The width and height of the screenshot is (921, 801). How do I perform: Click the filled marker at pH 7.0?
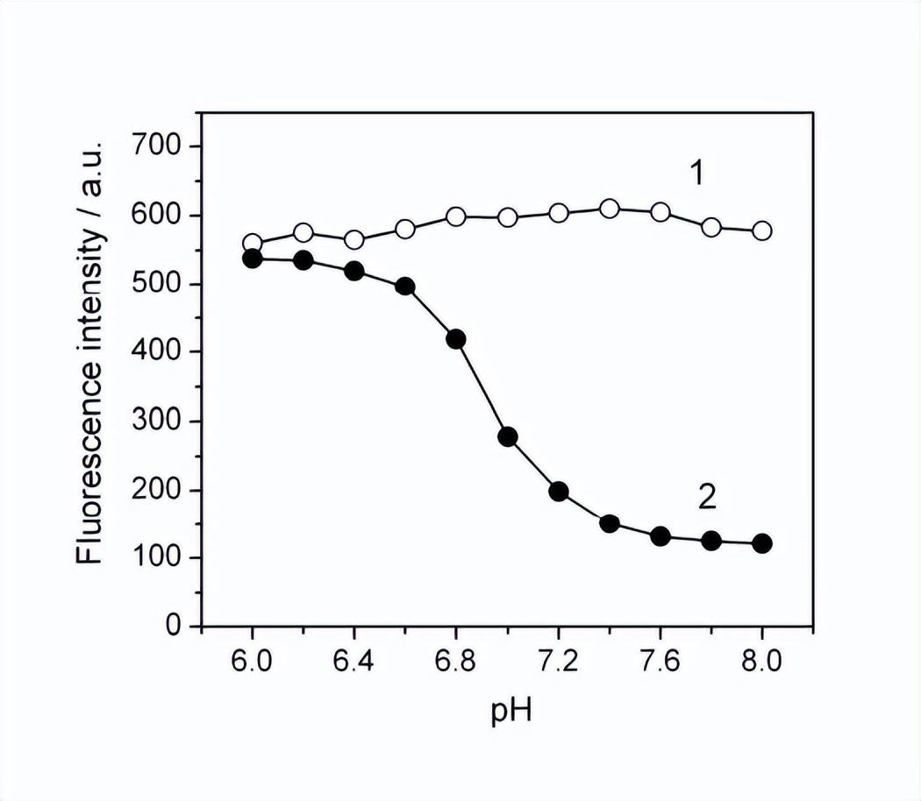coord(507,436)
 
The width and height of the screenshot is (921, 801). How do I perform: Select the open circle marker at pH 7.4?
coord(610,209)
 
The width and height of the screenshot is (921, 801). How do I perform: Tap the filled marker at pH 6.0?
coord(253,259)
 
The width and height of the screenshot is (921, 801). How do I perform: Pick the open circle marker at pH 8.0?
coord(762,230)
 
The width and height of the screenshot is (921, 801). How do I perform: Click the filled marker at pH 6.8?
coord(456,339)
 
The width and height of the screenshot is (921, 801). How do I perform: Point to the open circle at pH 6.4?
coord(354,240)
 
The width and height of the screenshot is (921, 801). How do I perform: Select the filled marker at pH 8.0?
coord(762,543)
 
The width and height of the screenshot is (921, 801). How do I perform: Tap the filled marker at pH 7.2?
coord(559,491)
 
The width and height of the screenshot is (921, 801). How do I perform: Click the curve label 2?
coord(707,498)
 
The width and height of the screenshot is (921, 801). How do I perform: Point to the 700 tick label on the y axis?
coord(160,145)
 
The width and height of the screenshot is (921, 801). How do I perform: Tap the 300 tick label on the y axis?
coord(160,421)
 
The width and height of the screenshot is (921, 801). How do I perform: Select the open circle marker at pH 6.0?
coord(253,244)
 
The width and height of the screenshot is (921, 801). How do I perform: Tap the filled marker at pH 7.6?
coord(660,536)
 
